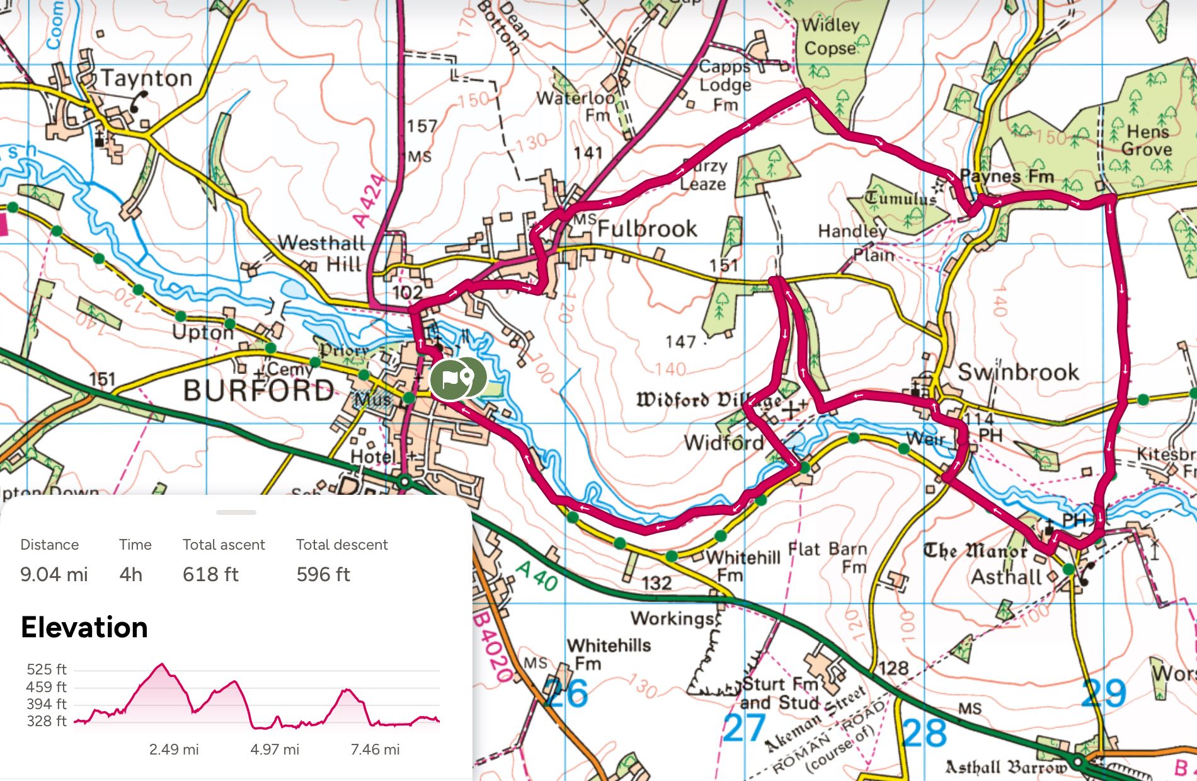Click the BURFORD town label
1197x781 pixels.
click(258, 390)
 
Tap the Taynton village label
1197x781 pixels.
click(147, 78)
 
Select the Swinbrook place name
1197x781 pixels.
click(1018, 372)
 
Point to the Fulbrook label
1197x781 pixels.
click(647, 228)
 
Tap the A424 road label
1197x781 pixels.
click(369, 201)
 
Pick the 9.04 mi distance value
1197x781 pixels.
click(54, 574)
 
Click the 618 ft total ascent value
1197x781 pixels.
click(210, 574)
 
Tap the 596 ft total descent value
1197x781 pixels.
click(323, 574)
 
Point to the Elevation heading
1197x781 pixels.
click(84, 627)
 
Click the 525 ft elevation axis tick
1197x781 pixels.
click(47, 669)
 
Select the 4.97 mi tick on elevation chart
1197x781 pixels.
click(275, 749)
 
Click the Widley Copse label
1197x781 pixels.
click(830, 37)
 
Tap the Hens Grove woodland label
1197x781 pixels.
click(1147, 140)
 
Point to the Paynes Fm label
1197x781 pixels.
click(1006, 176)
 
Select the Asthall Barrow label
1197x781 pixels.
click(1006, 767)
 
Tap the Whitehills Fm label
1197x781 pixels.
click(609, 654)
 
